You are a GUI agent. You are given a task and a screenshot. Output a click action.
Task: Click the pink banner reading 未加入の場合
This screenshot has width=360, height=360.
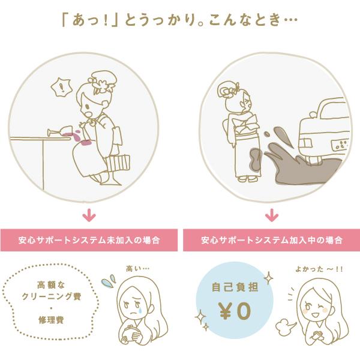[88, 240]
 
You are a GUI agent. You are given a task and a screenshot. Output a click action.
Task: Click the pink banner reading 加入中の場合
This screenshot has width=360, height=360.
[271, 240]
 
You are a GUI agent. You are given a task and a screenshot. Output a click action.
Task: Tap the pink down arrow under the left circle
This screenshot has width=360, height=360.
[89, 214]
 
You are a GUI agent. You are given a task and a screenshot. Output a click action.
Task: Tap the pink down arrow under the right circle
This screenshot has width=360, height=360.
[271, 214]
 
